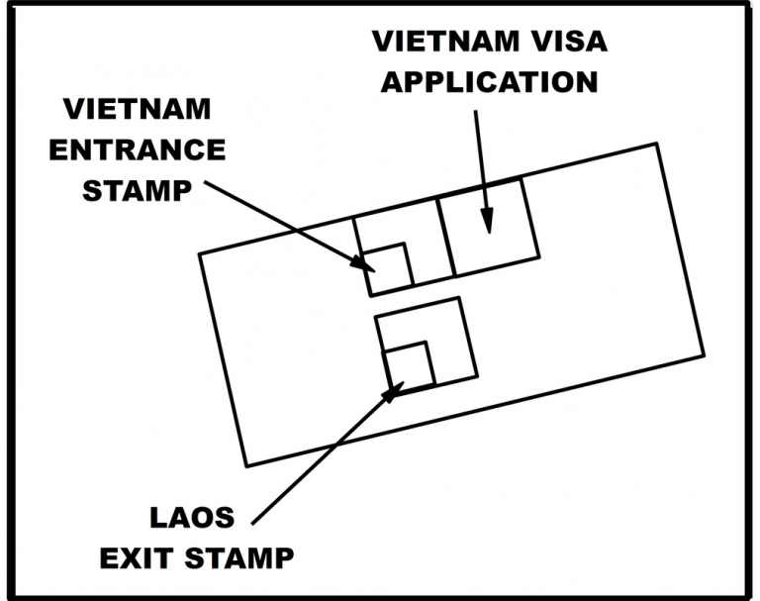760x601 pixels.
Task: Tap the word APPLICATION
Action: tap(489, 79)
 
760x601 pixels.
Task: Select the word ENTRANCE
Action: tap(137, 150)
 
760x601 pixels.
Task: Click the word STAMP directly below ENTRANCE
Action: tap(137, 188)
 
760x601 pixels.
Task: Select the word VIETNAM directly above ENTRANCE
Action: tap(137, 111)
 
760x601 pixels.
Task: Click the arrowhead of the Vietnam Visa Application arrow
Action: tap(487, 228)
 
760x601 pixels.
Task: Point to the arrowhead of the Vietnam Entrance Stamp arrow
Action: tap(367, 265)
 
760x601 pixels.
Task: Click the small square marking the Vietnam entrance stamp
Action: tap(389, 266)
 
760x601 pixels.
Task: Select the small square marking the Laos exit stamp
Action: tap(408, 365)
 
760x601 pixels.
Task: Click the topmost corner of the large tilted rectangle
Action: tap(656, 145)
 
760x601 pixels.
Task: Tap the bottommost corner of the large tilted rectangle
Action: tap(245, 465)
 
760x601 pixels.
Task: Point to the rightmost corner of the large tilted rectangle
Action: tap(703, 354)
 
